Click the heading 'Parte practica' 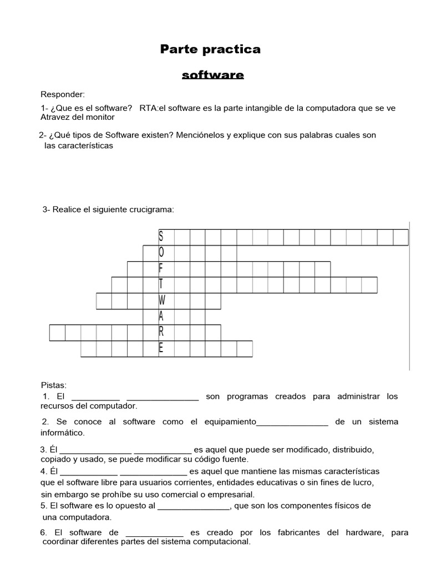[210, 49]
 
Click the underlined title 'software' [213, 74]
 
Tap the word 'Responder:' [63, 95]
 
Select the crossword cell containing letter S [161, 237]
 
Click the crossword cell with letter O [161, 253]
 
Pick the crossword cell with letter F [161, 269]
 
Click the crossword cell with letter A [161, 317]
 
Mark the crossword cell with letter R [161, 333]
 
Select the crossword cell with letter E [161, 349]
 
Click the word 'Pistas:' [54, 384]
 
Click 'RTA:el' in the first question [153, 108]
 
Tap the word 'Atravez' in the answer [55, 117]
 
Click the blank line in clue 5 [194, 506]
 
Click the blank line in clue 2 [292, 423]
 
